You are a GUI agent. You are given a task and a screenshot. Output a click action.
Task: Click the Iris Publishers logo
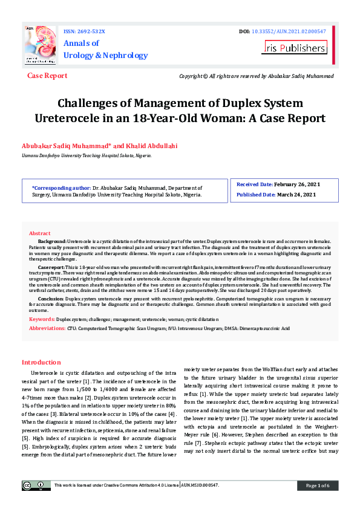coord(295,47)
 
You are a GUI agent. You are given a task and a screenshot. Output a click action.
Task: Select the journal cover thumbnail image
coord(40,45)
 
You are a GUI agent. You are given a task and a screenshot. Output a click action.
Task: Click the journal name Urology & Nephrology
coord(106,56)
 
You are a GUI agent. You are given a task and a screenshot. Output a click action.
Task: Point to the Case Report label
coord(47,76)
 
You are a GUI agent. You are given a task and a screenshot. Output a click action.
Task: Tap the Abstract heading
coord(40,233)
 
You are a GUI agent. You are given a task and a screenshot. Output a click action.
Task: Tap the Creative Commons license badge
coord(36,485)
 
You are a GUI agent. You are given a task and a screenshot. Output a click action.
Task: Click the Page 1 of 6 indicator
coord(317,485)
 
